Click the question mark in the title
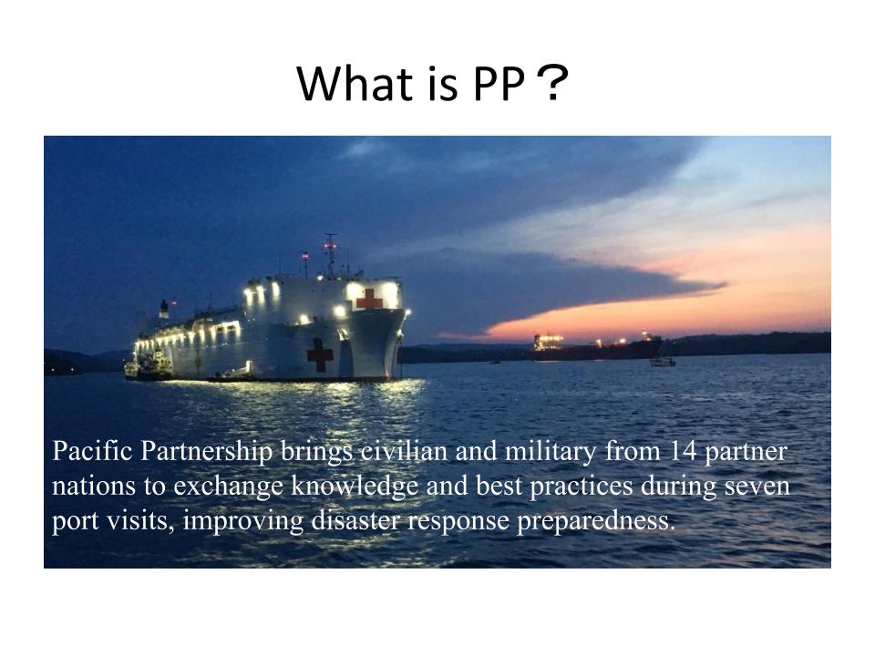[x=552, y=83]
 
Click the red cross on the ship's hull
[x=320, y=354]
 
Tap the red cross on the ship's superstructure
[x=369, y=299]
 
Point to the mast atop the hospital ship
[x=330, y=255]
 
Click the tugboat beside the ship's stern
[x=149, y=365]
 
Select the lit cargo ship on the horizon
[x=597, y=346]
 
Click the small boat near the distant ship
[x=663, y=362]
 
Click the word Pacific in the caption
[x=92, y=451]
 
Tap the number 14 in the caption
[x=683, y=451]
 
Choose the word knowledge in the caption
[x=355, y=487]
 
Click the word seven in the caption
[x=757, y=487]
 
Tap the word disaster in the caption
[x=355, y=520]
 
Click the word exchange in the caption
[x=228, y=487]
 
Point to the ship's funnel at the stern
[x=164, y=309]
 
